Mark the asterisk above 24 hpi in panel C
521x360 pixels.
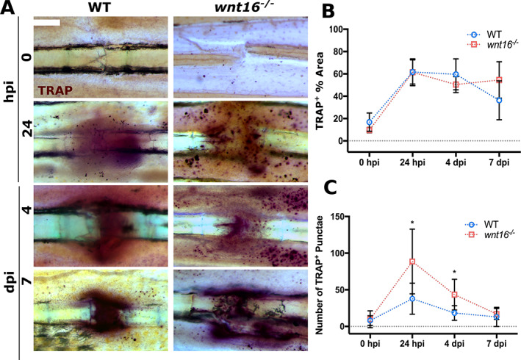tap(412, 221)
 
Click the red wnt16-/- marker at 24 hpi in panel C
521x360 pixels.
tap(412, 262)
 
